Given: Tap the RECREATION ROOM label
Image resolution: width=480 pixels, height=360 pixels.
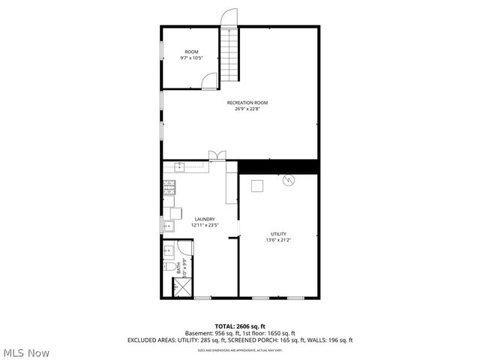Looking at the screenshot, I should coord(247,103).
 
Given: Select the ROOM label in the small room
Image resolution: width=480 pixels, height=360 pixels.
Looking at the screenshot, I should coord(191,52).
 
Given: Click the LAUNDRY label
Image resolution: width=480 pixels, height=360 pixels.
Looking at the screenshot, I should coord(204,219).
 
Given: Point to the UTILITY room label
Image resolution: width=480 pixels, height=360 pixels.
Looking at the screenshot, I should coord(277,234).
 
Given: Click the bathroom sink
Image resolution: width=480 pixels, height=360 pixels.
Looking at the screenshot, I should coord(169,250).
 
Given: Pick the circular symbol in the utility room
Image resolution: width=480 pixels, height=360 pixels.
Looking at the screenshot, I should coord(289,180).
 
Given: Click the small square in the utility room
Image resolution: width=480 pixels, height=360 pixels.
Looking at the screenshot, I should coord(257,187).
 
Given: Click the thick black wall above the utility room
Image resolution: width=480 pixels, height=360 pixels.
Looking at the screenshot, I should coord(278,166).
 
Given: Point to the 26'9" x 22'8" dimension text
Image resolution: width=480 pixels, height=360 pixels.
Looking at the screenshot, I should coord(247,109).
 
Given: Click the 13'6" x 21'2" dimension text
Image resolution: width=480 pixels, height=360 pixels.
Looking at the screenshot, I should coord(277,241).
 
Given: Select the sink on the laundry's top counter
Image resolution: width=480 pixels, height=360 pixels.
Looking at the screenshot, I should coord(180,166).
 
